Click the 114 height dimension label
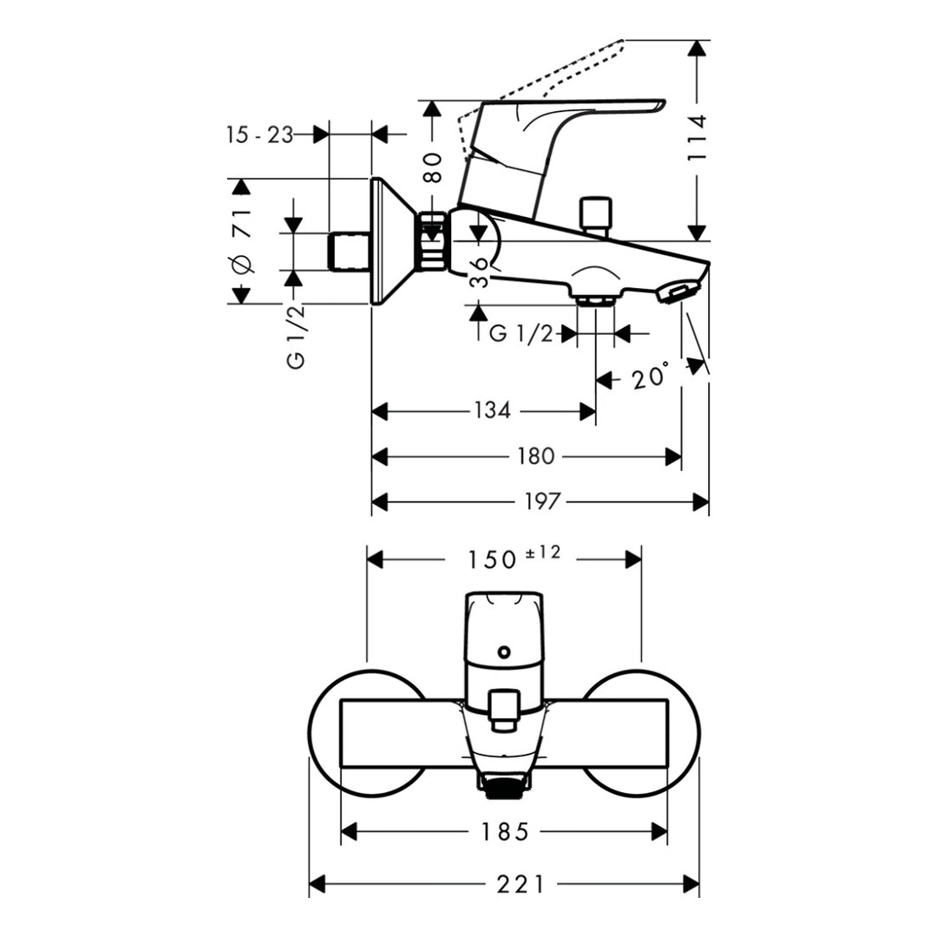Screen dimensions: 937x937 coord(698,138)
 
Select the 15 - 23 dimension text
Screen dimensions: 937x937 coord(259,134)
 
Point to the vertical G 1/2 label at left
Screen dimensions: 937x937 coord(297,338)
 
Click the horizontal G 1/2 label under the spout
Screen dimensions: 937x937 coord(521,333)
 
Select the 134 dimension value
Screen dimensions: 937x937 coord(492,410)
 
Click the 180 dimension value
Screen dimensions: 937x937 coord(534,456)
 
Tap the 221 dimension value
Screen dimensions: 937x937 coord(521,884)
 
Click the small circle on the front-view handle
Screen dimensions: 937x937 coord(502,651)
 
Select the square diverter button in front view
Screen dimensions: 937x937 coord(502,706)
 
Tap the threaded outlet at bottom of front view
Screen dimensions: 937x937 coord(503,786)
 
